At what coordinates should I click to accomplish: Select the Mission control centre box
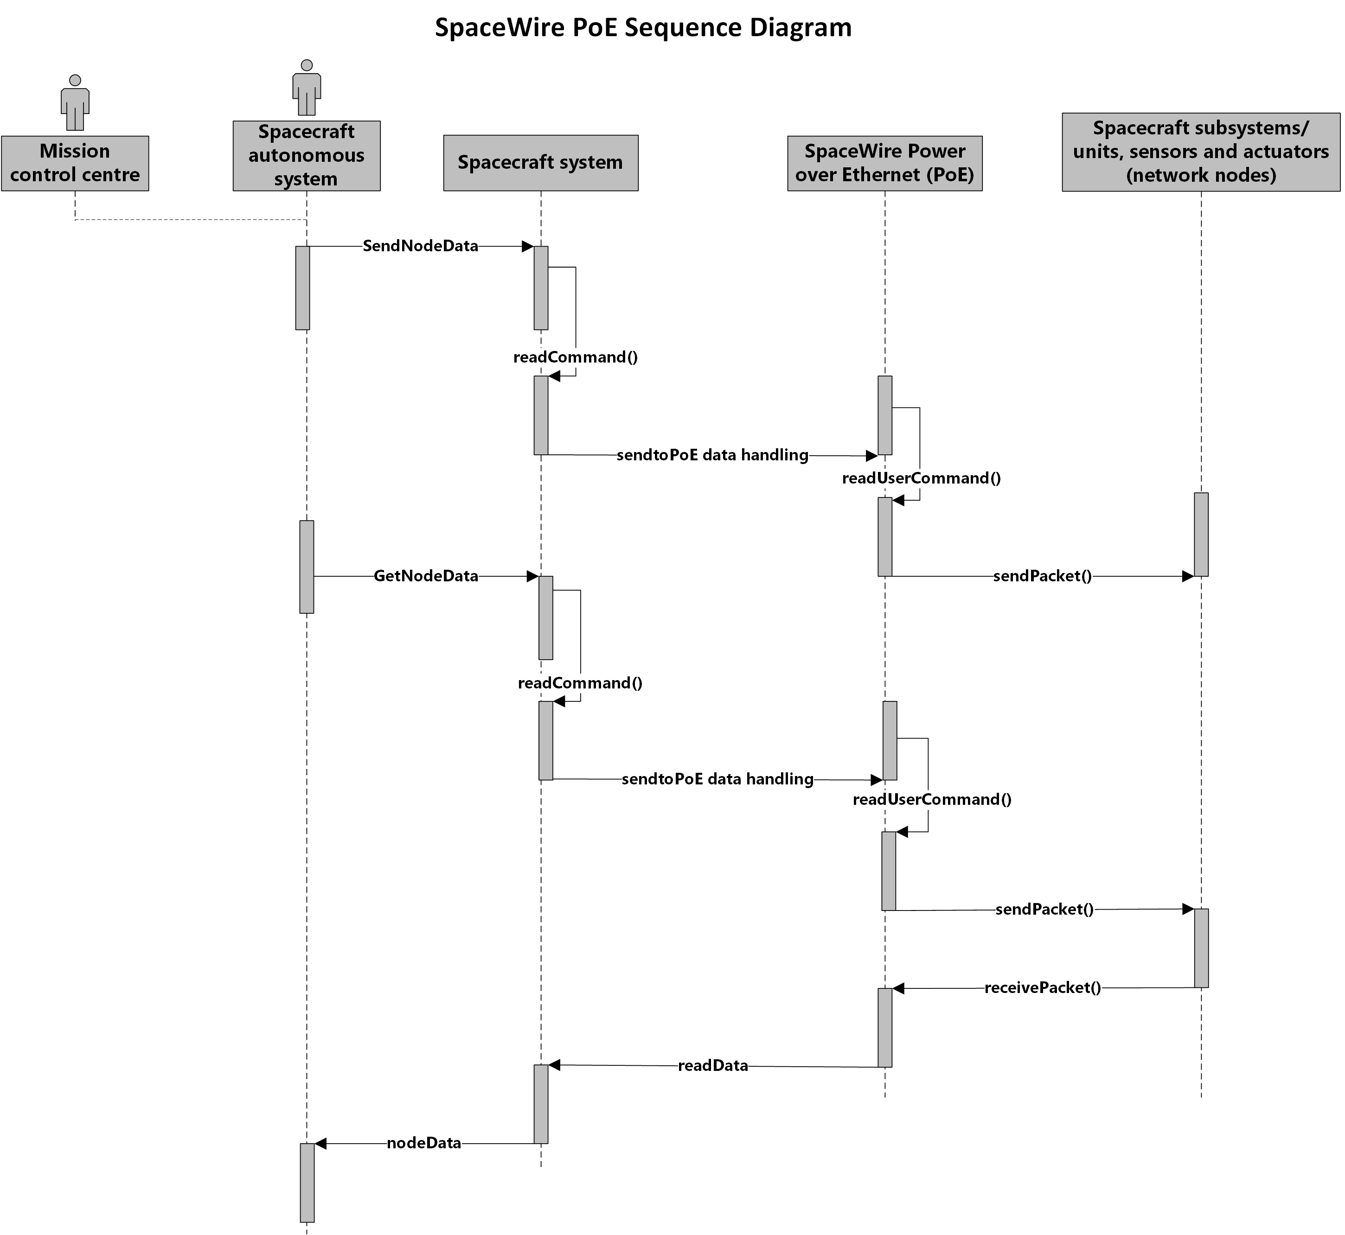click(75, 164)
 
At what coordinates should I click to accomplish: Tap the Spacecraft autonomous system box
click(307, 156)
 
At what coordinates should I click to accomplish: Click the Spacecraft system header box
click(541, 163)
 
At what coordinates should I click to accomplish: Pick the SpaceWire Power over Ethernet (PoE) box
click(885, 164)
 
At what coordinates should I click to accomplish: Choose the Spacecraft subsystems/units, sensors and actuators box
click(1201, 153)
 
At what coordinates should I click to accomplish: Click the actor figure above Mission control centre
click(75, 102)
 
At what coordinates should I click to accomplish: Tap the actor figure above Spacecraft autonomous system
click(307, 88)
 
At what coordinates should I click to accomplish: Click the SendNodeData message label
click(421, 246)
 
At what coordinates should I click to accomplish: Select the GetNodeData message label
click(426, 576)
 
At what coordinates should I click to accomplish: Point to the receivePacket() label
click(1043, 988)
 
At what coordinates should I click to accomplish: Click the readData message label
click(713, 1065)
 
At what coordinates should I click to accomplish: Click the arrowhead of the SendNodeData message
click(527, 247)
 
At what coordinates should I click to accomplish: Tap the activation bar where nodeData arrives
click(307, 1183)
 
